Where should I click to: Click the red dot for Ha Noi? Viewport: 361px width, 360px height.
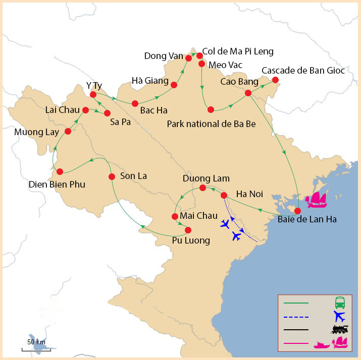[224, 195]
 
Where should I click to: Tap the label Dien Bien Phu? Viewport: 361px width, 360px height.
[56, 185]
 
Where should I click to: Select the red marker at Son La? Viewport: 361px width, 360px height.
[113, 176]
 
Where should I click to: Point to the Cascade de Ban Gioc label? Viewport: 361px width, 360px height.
[303, 71]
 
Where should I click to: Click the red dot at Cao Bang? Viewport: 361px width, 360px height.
[248, 93]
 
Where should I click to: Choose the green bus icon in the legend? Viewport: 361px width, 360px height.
[340, 303]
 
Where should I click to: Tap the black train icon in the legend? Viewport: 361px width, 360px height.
[340, 330]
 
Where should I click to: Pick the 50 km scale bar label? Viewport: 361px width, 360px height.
[36, 342]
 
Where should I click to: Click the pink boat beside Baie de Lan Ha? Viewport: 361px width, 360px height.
[317, 200]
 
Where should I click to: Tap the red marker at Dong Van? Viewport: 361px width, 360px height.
[189, 58]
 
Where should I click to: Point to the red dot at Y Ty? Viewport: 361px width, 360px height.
[93, 94]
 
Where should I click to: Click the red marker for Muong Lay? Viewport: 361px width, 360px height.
[68, 132]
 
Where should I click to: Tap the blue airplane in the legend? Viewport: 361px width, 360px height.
[340, 317]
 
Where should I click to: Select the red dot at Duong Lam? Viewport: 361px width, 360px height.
[202, 188]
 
